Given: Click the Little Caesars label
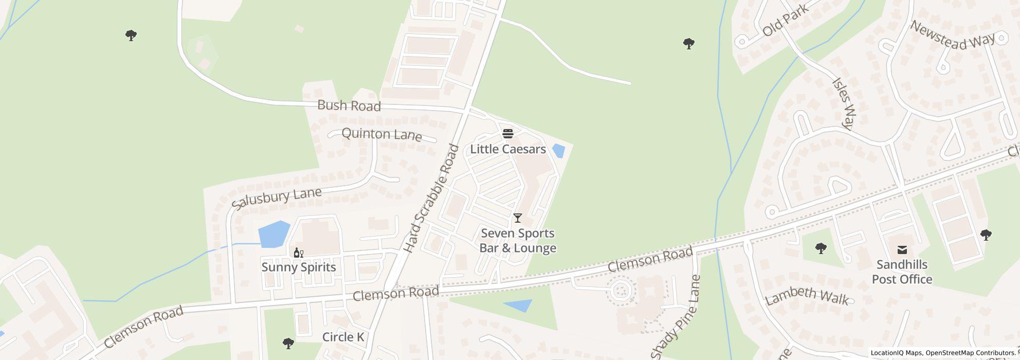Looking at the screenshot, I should coord(508,149).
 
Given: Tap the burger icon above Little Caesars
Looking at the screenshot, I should coord(508,134).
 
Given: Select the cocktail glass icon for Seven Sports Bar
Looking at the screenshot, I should coord(518,218).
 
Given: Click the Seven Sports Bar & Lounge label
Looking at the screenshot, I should coord(518,241).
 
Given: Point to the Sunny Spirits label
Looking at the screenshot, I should coord(299,267).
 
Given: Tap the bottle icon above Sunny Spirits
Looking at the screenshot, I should coord(298,253).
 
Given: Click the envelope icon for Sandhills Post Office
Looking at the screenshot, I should coord(902,250).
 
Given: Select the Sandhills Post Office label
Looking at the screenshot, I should coord(902,272).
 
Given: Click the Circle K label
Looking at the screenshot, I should coord(343,337).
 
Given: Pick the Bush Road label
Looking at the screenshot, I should coord(349,106).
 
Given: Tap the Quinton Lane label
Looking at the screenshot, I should coord(381,135).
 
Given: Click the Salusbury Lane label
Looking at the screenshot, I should coord(277,197).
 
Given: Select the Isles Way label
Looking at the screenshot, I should coord(843,103).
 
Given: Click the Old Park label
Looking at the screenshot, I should coord(785,21).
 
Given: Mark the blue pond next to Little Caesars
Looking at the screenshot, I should coord(558,151).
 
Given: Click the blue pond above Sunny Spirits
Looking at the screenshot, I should coord(274,234).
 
